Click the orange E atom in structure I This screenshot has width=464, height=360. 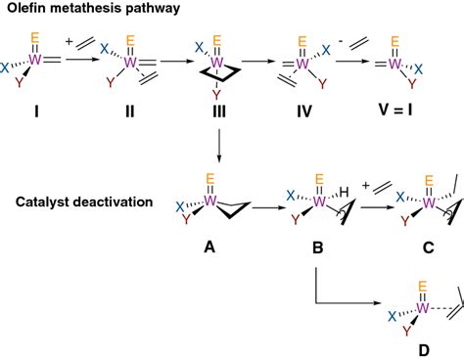36,41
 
